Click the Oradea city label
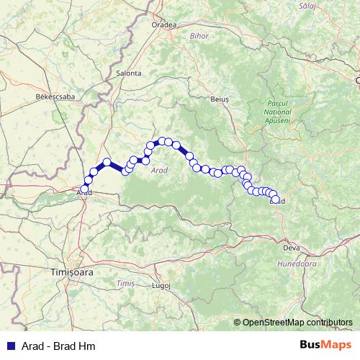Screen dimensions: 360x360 pos(163,24)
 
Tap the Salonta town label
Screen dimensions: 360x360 pos(128,73)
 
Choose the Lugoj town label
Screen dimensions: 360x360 pos(161,285)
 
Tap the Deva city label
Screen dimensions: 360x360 pos(292,248)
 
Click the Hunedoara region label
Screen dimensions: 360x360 pos(300,264)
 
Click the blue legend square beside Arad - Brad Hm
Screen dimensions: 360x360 pos(10,346)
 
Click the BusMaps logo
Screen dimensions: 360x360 pos(326,345)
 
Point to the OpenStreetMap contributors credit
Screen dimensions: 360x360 pos(297,323)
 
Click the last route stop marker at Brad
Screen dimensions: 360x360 pos(275,199)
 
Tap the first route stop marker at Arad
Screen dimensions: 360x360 pos(85,189)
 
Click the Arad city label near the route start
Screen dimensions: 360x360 pos(84,193)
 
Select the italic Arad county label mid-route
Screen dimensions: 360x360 pos(159,171)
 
